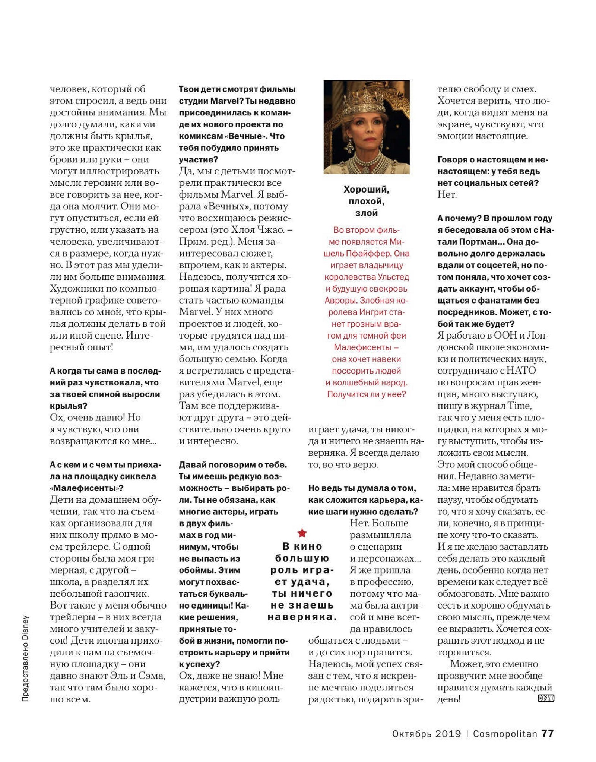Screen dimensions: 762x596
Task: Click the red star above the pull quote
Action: pos(302,533)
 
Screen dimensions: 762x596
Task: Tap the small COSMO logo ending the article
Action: pos(546,698)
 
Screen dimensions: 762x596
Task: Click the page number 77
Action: pos(548,733)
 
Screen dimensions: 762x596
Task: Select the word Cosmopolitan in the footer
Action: pos(505,734)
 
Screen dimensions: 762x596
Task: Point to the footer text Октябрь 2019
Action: pos(427,734)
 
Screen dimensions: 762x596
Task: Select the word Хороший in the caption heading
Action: pos(366,190)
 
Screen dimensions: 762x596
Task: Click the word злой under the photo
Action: pos(366,213)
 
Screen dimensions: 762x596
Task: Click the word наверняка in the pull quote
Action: pos(302,617)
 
